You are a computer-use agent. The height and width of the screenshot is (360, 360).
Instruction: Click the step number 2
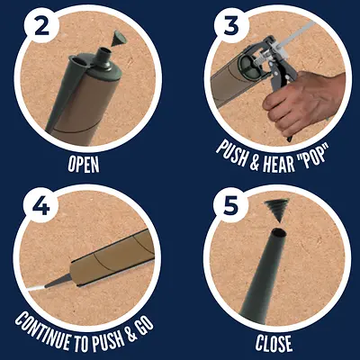click(42, 26)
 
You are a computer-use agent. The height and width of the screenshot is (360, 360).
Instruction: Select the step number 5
click(230, 205)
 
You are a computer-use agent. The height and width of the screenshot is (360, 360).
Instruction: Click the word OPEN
click(84, 164)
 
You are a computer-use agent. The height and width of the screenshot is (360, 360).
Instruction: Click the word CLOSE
click(274, 343)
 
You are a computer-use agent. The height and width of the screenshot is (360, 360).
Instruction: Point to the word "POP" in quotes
click(312, 156)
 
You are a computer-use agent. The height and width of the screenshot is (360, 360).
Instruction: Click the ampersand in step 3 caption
click(254, 161)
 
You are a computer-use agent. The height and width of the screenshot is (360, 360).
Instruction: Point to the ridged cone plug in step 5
click(276, 211)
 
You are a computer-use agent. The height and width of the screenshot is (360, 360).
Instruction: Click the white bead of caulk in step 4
click(35, 289)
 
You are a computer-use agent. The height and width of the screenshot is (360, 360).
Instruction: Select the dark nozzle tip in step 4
click(58, 281)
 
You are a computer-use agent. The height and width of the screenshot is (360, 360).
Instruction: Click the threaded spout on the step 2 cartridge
click(104, 57)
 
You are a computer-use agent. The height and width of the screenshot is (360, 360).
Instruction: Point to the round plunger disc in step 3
click(248, 66)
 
